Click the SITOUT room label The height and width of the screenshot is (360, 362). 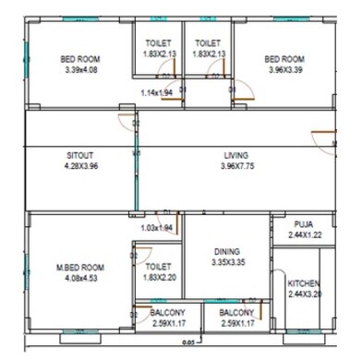tap(80, 154)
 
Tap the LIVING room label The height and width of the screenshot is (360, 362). tap(236, 154)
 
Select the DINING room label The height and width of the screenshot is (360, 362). tap(226, 251)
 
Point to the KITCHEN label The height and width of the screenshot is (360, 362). tap(304, 282)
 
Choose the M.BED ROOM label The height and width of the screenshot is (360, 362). tap(80, 268)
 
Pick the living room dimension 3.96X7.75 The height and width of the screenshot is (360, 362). tap(236, 166)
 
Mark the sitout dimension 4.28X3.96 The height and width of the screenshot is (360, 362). tap(80, 166)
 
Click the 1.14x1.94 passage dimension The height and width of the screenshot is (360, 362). tap(157, 92)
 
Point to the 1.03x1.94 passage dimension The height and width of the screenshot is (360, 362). tap(156, 227)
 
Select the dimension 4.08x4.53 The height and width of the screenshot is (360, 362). tap(80, 279)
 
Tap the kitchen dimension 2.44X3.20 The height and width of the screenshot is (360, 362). tap(304, 294)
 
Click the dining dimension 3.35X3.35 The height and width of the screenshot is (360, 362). tap(226, 262)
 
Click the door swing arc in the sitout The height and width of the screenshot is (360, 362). tap(125, 117)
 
